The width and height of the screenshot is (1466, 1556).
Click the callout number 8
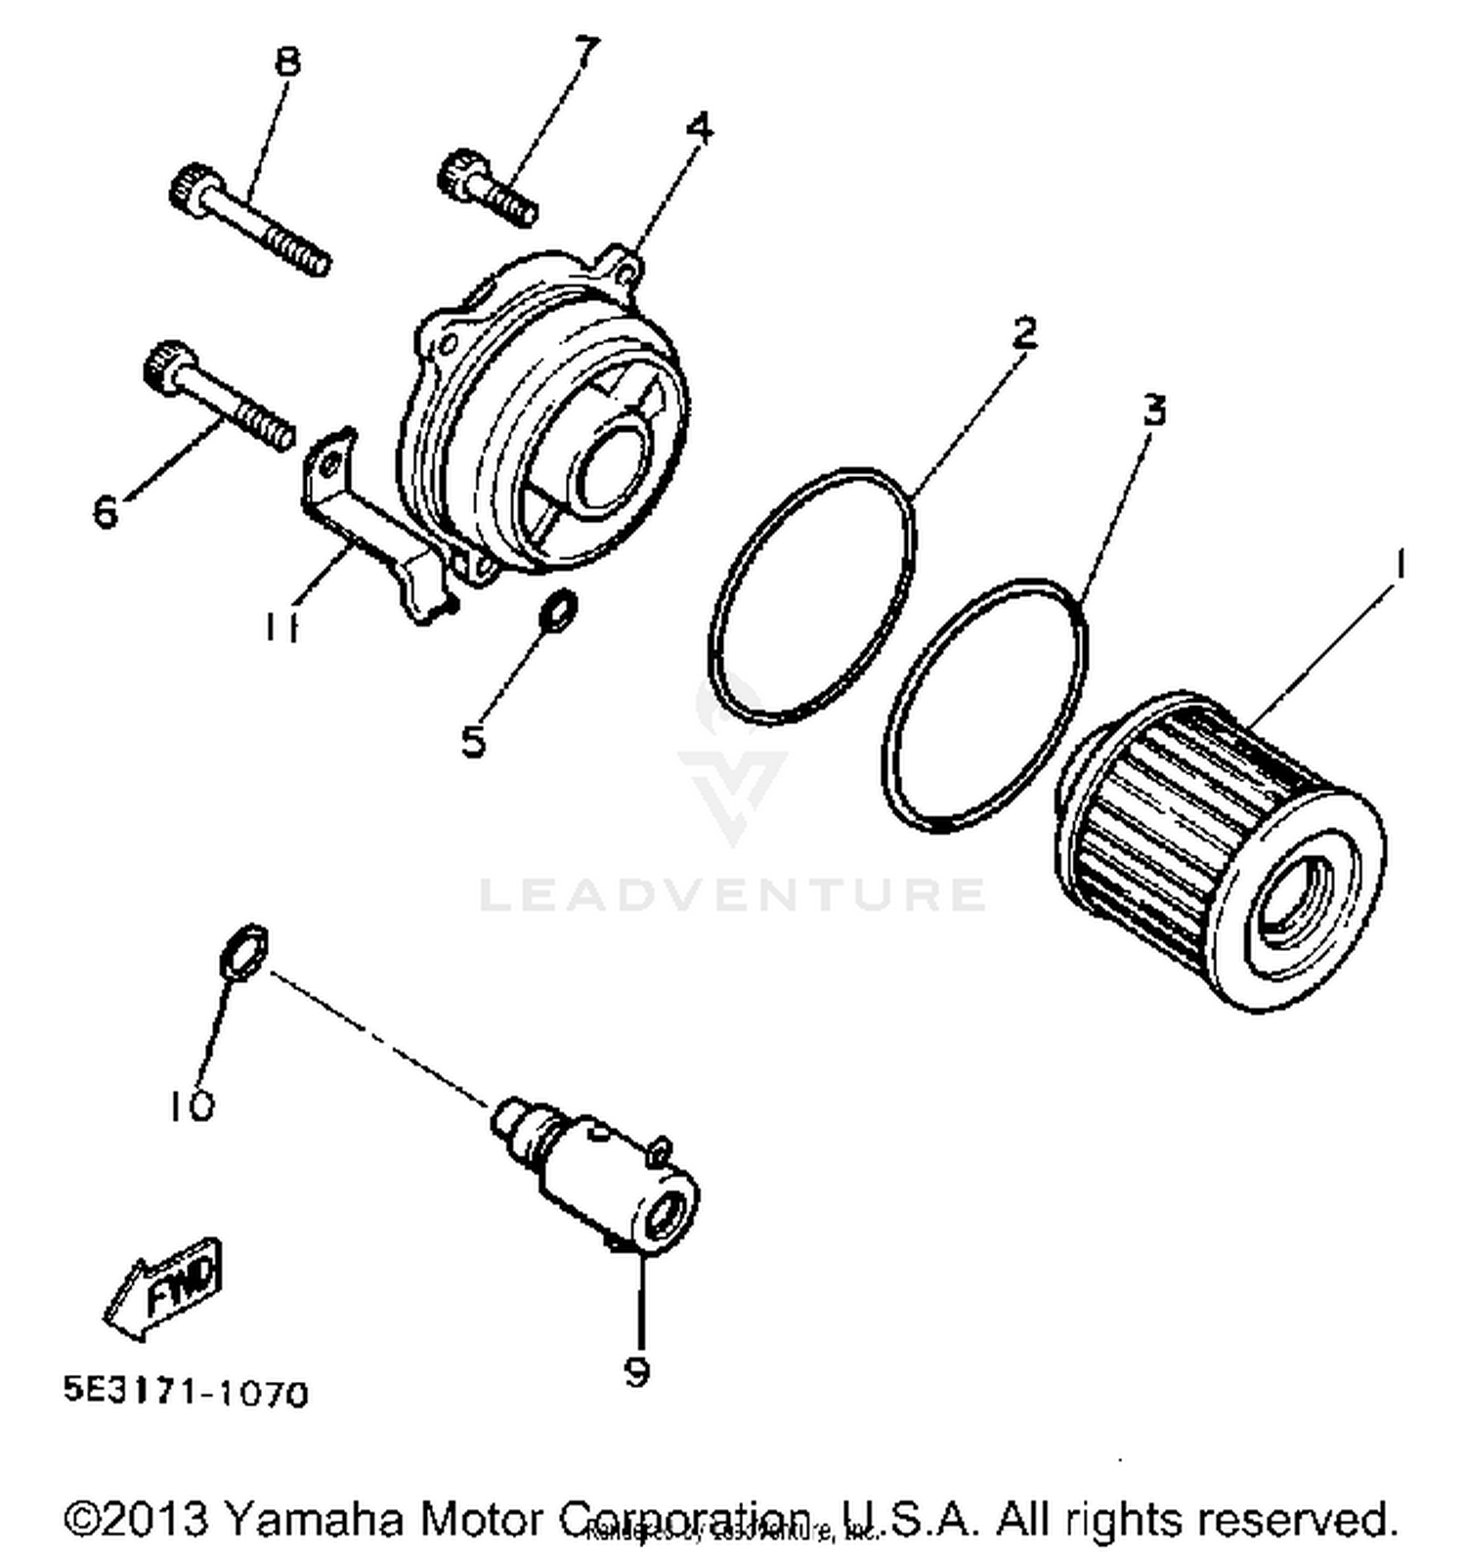pyautogui.click(x=287, y=63)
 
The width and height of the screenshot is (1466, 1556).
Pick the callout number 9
pyautogui.click(x=636, y=1372)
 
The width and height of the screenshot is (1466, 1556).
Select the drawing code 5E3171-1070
pyautogui.click(x=186, y=1392)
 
